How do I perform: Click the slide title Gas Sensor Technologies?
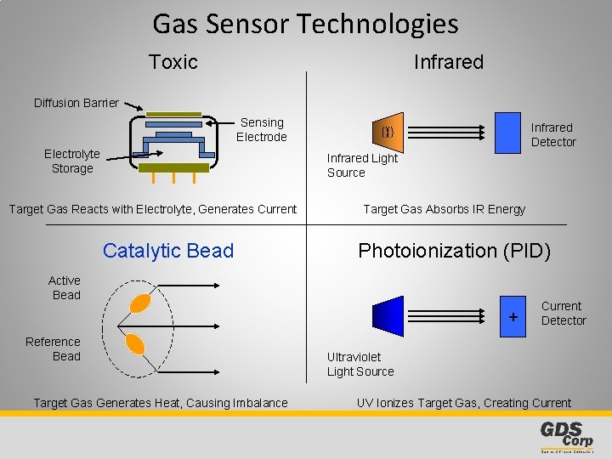point(305,24)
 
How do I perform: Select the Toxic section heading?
point(173,62)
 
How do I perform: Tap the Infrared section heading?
point(448,62)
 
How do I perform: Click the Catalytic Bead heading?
point(167,251)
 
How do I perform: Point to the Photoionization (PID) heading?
point(454,251)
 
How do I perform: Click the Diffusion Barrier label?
point(76,103)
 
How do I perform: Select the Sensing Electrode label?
point(262,130)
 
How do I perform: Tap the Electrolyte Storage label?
point(72,161)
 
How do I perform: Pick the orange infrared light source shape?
point(387,132)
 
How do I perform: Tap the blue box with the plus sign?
point(513,314)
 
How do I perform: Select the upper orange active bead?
point(139,303)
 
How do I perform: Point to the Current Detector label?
point(563,313)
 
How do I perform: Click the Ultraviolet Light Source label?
point(360,365)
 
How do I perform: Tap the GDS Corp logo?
point(566,436)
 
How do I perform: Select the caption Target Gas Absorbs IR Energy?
point(444,209)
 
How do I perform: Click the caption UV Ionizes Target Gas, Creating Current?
point(463,403)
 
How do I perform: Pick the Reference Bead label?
point(53,349)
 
